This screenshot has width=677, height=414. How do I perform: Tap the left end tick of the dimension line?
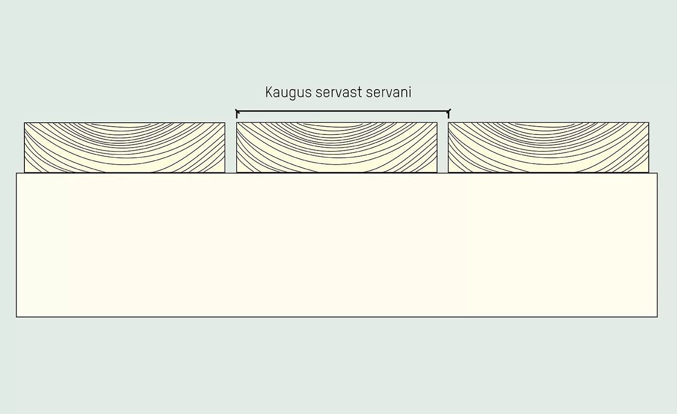[237, 113]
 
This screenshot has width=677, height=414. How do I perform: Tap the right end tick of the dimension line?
[448, 113]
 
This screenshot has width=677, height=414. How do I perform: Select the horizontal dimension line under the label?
[342, 111]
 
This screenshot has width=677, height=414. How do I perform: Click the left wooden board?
[125, 147]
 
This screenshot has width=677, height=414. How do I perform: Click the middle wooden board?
[337, 147]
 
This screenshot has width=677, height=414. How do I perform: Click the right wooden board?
[548, 147]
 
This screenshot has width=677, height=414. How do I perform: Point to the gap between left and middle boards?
[231, 147]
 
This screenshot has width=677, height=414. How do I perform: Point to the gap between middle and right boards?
[443, 147]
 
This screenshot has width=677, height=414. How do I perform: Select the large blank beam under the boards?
[337, 245]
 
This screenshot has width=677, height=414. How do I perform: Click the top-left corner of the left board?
[24, 123]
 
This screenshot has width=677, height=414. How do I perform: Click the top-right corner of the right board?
[649, 123]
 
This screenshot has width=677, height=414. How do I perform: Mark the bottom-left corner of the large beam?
[17, 317]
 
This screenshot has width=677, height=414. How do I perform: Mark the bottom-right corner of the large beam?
[657, 317]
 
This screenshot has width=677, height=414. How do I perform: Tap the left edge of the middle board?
[237, 147]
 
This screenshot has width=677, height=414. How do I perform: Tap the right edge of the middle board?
[437, 147]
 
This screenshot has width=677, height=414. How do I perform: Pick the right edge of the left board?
[225, 147]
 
